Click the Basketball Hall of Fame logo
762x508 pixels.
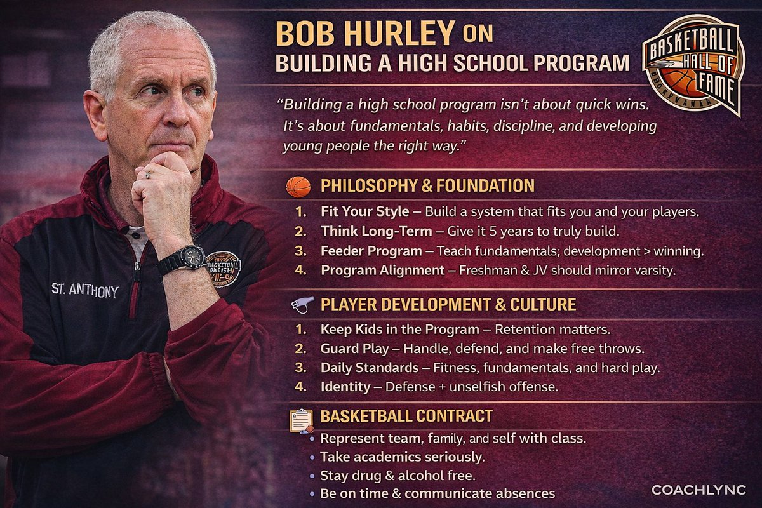click(x=694, y=63)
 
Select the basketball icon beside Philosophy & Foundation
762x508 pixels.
click(x=298, y=186)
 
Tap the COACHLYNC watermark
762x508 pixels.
click(x=698, y=490)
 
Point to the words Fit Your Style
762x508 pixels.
click(x=364, y=210)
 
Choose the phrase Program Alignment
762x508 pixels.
click(x=382, y=271)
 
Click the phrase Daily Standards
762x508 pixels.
click(x=369, y=368)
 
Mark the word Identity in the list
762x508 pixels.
click(x=345, y=386)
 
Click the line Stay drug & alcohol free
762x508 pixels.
click(x=397, y=475)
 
